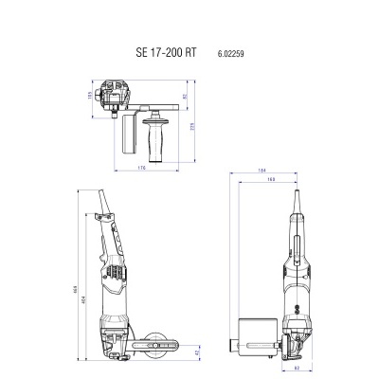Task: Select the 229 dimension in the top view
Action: coord(193,126)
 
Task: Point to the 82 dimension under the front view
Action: coord(297,366)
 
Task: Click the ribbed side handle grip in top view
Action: coord(150,135)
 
